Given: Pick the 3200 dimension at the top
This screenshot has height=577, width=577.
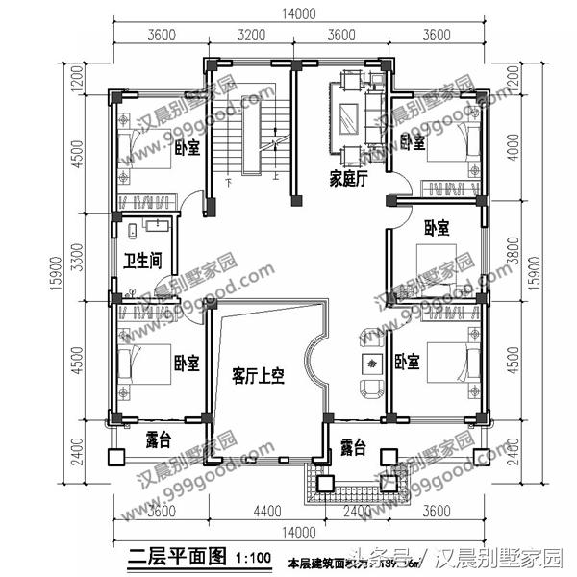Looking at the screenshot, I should pos(250,36).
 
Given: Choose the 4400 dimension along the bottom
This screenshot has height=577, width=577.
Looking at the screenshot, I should pos(266,510).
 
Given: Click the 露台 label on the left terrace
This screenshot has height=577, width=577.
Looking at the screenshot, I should pos(159,440).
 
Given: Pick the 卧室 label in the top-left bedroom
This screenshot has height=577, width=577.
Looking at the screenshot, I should pos(188,148).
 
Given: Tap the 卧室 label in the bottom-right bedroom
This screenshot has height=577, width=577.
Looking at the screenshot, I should pos(408,363).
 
